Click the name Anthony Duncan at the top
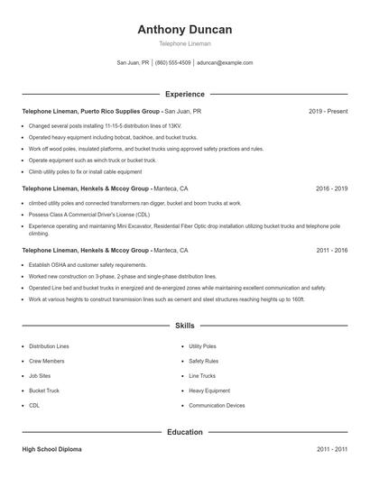(185, 30)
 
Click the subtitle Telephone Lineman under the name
(185, 44)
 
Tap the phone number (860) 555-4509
(173, 63)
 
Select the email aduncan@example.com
(225, 63)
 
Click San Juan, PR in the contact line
(133, 63)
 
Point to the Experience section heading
(185, 94)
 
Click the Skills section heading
(185, 326)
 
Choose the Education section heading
(185, 432)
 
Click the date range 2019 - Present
(328, 111)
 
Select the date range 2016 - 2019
(331, 189)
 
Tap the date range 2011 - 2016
(331, 250)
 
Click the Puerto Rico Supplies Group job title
(91, 111)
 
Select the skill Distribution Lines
(49, 346)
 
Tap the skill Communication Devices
(217, 406)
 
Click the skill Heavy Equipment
(208, 391)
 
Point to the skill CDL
(34, 406)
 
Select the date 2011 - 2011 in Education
(331, 448)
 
